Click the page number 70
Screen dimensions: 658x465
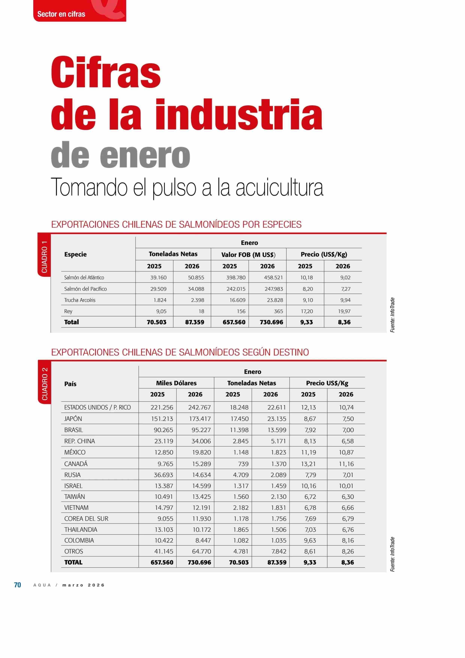pos(17,585)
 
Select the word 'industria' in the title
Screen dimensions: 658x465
pos(239,114)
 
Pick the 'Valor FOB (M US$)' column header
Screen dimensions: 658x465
pos(248,255)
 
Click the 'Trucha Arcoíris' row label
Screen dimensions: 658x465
pos(80,300)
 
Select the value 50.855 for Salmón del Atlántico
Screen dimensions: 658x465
pos(196,277)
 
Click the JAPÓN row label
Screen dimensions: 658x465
pos(73,419)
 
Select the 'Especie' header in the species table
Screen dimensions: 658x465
pos(75,254)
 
